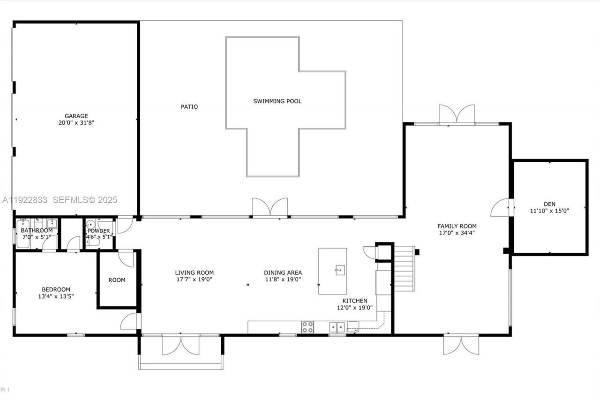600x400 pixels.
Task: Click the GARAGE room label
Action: coord(76,116)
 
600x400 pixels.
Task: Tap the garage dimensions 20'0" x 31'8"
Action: coord(76,123)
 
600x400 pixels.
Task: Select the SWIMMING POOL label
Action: coord(277,101)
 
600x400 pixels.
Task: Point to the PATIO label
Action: coord(189,106)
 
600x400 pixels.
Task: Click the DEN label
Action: coord(549,204)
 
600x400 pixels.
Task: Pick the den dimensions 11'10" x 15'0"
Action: coord(549,211)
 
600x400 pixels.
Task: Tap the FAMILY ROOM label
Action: coord(457,226)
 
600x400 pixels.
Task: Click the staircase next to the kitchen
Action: coord(404,268)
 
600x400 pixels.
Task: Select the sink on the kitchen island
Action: coord(340,270)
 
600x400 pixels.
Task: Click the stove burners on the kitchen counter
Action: coord(307,327)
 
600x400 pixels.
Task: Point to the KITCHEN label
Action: coord(355,301)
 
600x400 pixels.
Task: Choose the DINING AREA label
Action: coord(283,272)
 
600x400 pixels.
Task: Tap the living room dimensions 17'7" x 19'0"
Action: coord(195,279)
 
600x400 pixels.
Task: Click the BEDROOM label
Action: coord(56,289)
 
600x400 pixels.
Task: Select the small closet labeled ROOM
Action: coord(117,280)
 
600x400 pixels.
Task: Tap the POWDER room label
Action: coord(99,231)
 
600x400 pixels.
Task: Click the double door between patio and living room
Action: coord(270,207)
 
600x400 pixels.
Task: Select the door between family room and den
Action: coord(501,208)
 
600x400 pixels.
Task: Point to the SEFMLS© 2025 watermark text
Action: coord(85,200)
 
